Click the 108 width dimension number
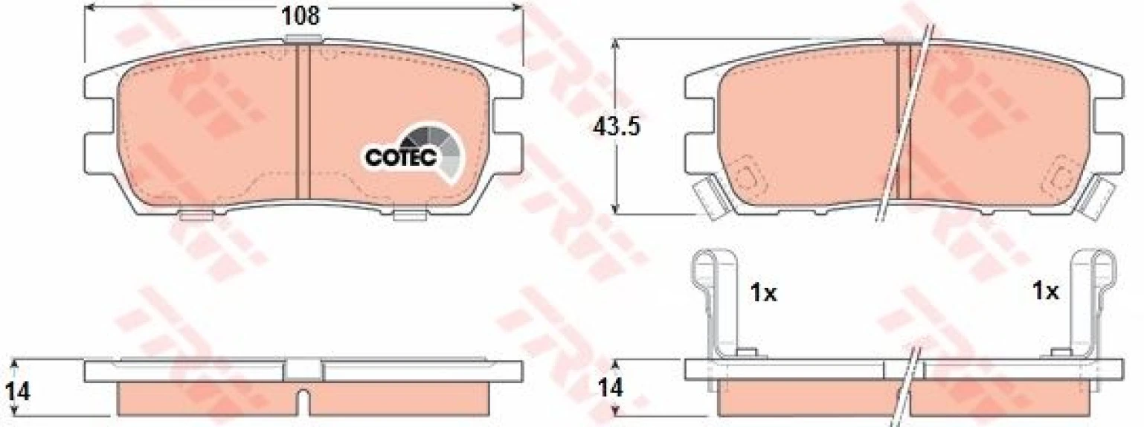tap(302, 16)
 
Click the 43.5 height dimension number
tap(616, 127)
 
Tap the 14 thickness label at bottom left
tap(17, 392)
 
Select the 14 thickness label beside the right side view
tap(611, 389)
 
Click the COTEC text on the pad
tap(401, 158)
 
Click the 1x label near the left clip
tap(763, 293)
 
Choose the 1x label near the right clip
tap(1045, 291)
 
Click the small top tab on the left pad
tap(303, 39)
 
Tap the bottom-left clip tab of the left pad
tap(196, 216)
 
